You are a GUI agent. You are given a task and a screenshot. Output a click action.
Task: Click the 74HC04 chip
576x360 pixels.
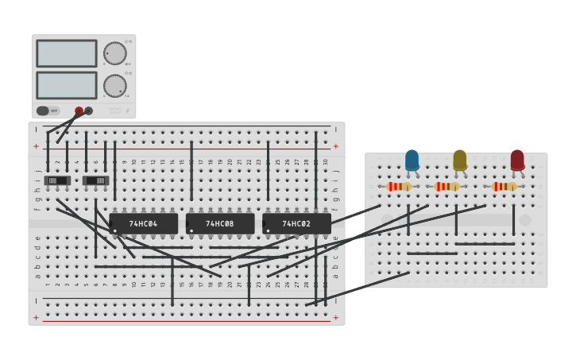click(x=143, y=224)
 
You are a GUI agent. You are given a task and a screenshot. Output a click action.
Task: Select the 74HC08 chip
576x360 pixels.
click(x=220, y=224)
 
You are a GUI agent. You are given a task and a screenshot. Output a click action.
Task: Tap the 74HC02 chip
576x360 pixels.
click(x=296, y=224)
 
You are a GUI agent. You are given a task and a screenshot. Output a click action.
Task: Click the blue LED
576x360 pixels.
click(x=412, y=161)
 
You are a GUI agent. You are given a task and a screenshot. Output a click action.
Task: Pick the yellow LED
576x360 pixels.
click(x=460, y=161)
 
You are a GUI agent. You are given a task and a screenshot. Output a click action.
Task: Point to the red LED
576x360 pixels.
click(x=517, y=161)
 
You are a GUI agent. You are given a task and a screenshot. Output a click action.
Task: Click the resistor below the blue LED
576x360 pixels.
click(x=399, y=187)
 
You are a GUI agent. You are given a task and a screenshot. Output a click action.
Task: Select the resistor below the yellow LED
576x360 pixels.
click(x=447, y=187)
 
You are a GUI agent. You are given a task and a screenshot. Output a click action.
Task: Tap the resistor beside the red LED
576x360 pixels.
click(x=504, y=187)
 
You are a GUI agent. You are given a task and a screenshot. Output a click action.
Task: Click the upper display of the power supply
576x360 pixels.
click(x=67, y=54)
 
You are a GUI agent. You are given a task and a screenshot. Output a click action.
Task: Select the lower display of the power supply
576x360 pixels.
click(x=67, y=85)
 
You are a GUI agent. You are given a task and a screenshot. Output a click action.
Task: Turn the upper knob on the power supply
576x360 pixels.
click(x=114, y=53)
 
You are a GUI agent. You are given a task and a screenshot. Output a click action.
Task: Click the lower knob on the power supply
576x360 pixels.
click(x=114, y=86)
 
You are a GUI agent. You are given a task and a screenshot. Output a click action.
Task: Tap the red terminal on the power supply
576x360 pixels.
click(x=79, y=111)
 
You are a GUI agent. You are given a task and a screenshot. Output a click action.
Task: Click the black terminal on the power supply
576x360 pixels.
click(x=89, y=111)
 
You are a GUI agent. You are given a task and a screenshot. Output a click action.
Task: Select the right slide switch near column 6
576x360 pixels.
click(x=95, y=180)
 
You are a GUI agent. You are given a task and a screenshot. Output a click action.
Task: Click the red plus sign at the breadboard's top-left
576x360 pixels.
click(x=36, y=146)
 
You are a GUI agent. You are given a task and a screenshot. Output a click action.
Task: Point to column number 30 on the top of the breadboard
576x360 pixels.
click(x=326, y=162)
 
